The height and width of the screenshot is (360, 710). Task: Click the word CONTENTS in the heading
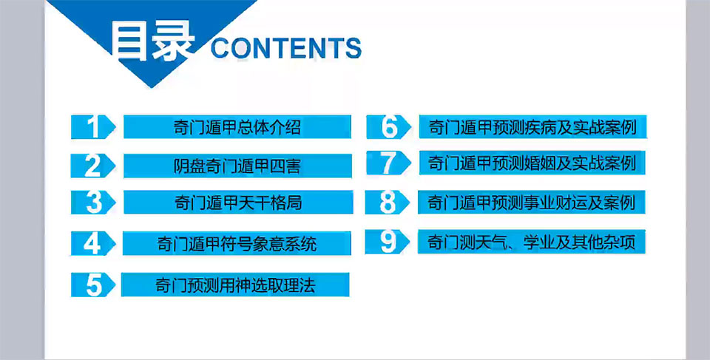click(x=286, y=48)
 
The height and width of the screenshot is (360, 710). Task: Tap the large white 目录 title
click(x=153, y=42)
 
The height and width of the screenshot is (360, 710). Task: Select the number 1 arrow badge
click(x=93, y=127)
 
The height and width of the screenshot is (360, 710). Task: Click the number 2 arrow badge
click(x=93, y=166)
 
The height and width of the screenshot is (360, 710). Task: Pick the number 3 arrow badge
click(x=93, y=203)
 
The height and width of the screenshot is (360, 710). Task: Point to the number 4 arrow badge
click(x=93, y=244)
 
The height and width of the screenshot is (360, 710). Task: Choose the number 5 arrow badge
click(x=93, y=285)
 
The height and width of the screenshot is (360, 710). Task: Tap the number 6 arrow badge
click(x=388, y=127)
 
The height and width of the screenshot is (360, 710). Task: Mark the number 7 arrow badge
click(x=388, y=163)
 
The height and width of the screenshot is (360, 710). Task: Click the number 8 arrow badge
click(x=388, y=202)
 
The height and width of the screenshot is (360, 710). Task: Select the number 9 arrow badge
click(x=388, y=242)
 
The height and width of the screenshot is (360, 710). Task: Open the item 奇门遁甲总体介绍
click(x=237, y=127)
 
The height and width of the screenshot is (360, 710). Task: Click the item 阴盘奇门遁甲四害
click(x=237, y=166)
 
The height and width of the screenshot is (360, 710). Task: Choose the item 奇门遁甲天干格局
click(x=238, y=203)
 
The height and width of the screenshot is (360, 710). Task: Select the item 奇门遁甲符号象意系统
click(x=237, y=244)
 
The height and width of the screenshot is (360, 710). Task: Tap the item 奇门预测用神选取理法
click(x=235, y=285)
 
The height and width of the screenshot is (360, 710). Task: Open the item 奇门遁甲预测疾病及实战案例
click(x=533, y=127)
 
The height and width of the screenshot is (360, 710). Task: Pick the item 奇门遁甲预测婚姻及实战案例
click(x=532, y=163)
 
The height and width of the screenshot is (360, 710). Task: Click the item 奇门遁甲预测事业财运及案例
click(x=532, y=202)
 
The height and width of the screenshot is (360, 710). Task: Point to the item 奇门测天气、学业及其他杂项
click(x=532, y=242)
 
